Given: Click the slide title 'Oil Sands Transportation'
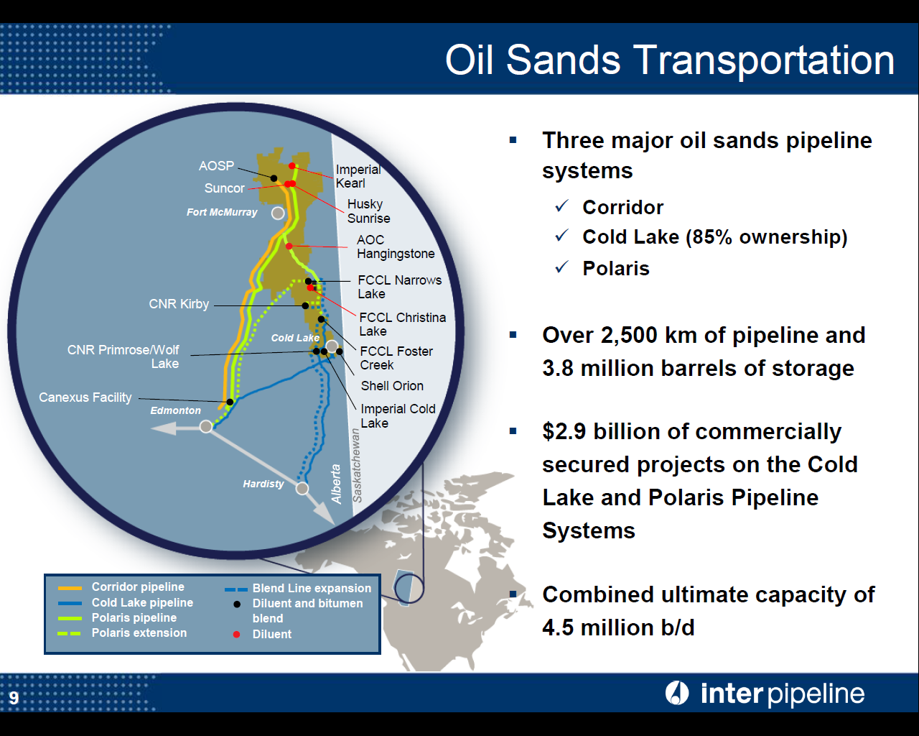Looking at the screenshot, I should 669,60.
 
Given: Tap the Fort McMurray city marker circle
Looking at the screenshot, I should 278,213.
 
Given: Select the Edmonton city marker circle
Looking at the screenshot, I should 206,426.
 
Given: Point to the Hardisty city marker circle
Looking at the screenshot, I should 302,489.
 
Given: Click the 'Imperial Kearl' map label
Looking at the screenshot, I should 358,176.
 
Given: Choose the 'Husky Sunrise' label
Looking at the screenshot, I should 368,211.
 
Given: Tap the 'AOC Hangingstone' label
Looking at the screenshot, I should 395,247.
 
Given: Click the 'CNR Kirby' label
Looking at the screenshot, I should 179,304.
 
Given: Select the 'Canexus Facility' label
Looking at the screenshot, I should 85,397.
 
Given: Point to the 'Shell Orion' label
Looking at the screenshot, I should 392,386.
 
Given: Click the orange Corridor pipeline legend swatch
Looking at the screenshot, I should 70,588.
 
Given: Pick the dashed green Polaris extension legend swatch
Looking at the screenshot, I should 70,633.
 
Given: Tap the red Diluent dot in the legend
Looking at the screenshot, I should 237,634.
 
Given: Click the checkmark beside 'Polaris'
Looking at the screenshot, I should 562,267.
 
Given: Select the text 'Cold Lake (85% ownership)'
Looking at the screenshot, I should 714,237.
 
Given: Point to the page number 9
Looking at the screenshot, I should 14,698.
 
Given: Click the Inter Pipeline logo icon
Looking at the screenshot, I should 676,693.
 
